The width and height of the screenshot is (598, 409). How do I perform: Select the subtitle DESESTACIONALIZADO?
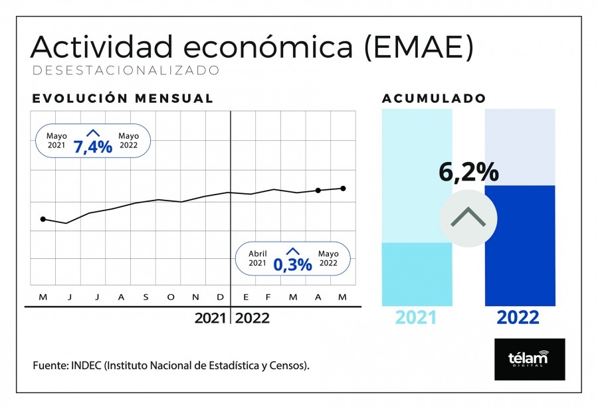point(125,70)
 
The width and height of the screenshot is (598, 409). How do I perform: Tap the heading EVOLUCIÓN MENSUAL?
point(123,98)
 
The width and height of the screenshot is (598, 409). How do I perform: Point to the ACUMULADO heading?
point(434,98)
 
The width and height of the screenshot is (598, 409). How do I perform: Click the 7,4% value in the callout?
point(93,146)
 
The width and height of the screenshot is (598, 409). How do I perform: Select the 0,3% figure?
point(292,264)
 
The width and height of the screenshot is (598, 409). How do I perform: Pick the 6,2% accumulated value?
point(468,172)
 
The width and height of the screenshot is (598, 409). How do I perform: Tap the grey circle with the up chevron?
point(468,218)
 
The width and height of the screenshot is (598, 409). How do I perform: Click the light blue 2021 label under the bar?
point(416,317)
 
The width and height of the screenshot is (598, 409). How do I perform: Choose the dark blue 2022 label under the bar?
point(518,317)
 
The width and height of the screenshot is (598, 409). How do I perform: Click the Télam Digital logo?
point(530,359)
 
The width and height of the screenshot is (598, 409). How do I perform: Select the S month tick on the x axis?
point(146,297)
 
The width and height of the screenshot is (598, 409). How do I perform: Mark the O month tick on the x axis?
point(171,297)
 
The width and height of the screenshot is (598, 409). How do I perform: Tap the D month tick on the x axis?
point(221,297)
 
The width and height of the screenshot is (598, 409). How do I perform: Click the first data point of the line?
point(43,218)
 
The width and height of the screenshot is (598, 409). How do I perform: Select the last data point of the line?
point(343,188)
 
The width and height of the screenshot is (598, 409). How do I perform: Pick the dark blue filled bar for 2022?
point(520,246)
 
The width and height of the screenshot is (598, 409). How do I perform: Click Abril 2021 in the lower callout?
point(258,258)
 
